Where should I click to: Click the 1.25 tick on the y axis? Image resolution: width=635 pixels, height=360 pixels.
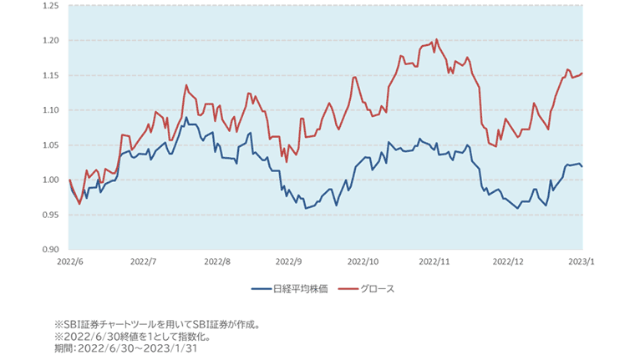point(49,6)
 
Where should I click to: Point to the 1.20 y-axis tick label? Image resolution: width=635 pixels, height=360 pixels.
point(49,40)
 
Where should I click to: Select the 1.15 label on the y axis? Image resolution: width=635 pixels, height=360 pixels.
point(49,75)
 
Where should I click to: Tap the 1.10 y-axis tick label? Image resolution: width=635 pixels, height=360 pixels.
point(49,110)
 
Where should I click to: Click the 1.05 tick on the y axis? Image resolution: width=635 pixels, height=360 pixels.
point(49,145)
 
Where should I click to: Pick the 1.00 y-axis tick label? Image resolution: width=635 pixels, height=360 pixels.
point(49,180)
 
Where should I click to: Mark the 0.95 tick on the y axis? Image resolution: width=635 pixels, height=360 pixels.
point(49,215)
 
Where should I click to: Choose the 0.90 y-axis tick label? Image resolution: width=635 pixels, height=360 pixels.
point(49,250)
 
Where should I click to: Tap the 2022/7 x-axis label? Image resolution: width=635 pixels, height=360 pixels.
point(144,261)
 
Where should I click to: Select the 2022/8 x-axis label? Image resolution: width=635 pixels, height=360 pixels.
point(216,261)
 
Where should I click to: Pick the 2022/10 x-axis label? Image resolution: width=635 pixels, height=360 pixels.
point(364,261)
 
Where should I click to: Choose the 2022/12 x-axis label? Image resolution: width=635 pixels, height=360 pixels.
point(509,261)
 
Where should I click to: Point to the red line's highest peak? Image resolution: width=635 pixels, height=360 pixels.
point(436,39)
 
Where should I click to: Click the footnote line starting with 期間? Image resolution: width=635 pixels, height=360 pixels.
point(125,348)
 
